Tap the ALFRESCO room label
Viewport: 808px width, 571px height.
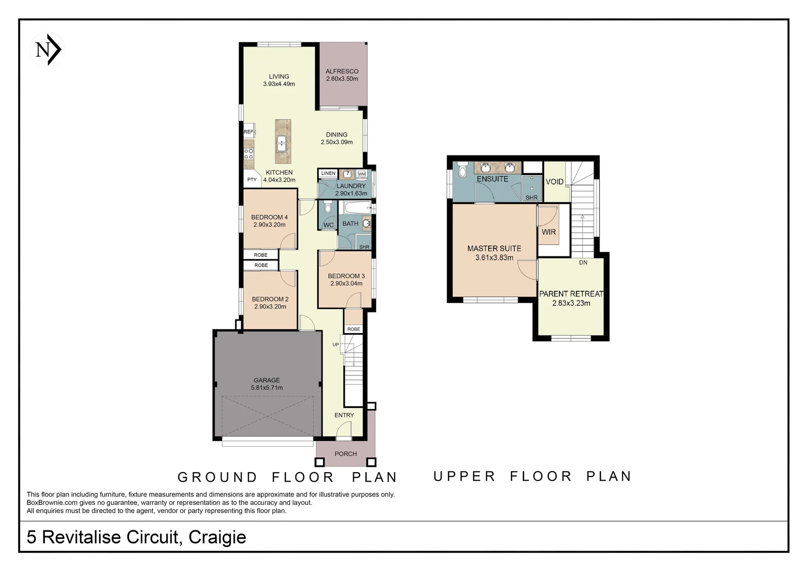click(x=342, y=71)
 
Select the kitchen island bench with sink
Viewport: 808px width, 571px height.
click(x=282, y=141)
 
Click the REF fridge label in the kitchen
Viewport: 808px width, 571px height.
click(x=249, y=132)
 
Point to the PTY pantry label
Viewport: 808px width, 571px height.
click(x=252, y=180)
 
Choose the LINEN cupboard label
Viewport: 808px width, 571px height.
click(x=328, y=173)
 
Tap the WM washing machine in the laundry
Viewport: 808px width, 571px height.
click(x=362, y=174)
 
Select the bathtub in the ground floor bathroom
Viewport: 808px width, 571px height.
click(x=354, y=207)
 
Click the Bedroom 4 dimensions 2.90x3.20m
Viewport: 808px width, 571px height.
click(x=269, y=225)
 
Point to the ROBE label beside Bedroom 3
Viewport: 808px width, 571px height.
click(x=354, y=329)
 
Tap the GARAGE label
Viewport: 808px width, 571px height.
click(x=267, y=380)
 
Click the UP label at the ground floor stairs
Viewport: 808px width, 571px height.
click(x=336, y=345)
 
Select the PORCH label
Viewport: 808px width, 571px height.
click(x=345, y=454)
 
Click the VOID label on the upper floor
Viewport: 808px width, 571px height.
click(x=554, y=181)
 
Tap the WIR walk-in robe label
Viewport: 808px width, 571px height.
click(x=548, y=232)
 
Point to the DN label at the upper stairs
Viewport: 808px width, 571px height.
click(x=583, y=262)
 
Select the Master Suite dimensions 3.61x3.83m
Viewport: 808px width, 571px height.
click(x=494, y=258)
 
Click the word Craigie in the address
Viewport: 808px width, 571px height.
click(x=217, y=537)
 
